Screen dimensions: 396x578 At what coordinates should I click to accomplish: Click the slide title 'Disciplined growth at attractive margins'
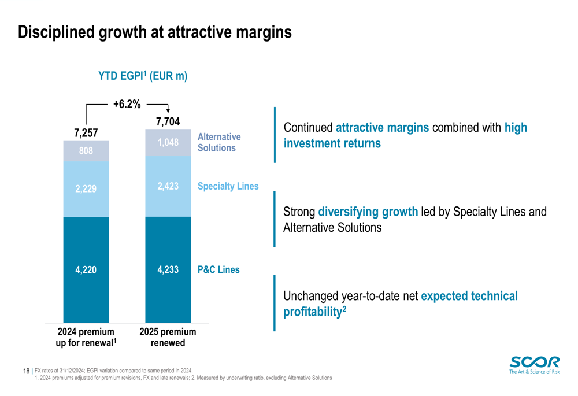(x=155, y=32)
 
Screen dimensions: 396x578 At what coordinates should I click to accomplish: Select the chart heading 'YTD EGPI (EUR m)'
(x=142, y=76)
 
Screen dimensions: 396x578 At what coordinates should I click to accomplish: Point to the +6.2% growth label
(x=127, y=105)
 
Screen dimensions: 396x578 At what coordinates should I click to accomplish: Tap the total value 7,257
(x=86, y=133)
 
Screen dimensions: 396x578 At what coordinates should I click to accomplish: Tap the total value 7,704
(x=168, y=121)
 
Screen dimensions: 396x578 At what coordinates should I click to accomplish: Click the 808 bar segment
(x=86, y=151)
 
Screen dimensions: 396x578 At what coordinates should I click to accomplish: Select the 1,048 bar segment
(x=168, y=142)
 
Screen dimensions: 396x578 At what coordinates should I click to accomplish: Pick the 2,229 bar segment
(x=86, y=189)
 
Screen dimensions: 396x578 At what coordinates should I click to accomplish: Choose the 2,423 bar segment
(x=168, y=186)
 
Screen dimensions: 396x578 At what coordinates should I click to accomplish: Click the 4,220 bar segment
(x=86, y=269)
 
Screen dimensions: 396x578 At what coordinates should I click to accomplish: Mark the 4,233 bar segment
(x=168, y=269)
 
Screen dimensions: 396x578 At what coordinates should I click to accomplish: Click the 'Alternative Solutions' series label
(x=219, y=142)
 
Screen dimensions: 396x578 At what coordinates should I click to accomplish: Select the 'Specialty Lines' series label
(x=228, y=186)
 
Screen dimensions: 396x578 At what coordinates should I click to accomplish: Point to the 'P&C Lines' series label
(x=218, y=269)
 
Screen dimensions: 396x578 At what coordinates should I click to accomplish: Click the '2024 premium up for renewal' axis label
(x=87, y=338)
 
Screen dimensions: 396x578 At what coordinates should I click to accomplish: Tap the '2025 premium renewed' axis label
(x=168, y=338)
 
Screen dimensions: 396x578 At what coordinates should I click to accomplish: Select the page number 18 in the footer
(x=26, y=371)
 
